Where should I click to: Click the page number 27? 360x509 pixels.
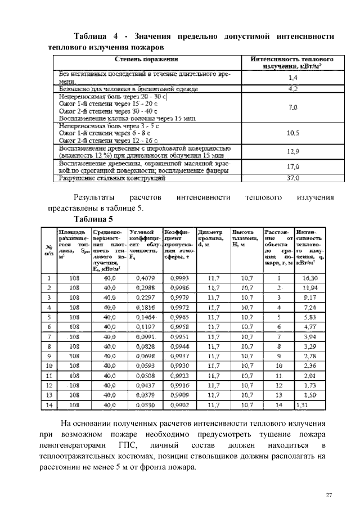click(330, 494)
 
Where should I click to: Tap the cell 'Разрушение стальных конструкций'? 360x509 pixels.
click(112, 178)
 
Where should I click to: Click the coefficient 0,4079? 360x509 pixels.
click(146, 278)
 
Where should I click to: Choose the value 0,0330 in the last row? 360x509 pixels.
click(146, 404)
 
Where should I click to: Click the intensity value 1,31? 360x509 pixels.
click(304, 404)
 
